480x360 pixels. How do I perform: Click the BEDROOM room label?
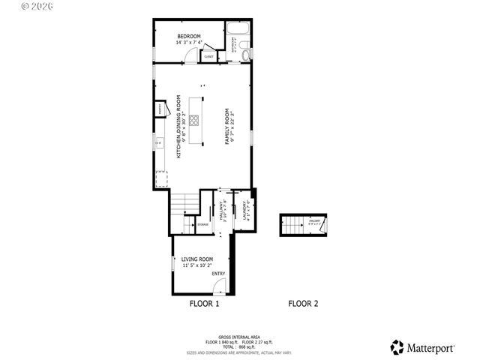[x=189, y=36]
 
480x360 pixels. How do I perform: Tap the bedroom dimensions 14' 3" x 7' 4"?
[x=189, y=43]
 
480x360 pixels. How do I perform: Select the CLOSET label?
[x=209, y=56]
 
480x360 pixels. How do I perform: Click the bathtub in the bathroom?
[x=238, y=32]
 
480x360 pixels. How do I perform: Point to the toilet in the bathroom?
[x=246, y=52]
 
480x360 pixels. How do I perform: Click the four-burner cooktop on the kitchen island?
[x=194, y=119]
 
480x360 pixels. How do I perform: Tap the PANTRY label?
[x=160, y=109]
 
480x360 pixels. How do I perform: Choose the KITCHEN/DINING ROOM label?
[x=178, y=126]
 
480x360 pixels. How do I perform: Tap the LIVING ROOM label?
[x=197, y=259]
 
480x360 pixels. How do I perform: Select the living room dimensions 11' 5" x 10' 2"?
[x=197, y=265]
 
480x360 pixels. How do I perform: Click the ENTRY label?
[x=218, y=274]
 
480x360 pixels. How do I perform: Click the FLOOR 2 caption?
[x=304, y=304]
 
